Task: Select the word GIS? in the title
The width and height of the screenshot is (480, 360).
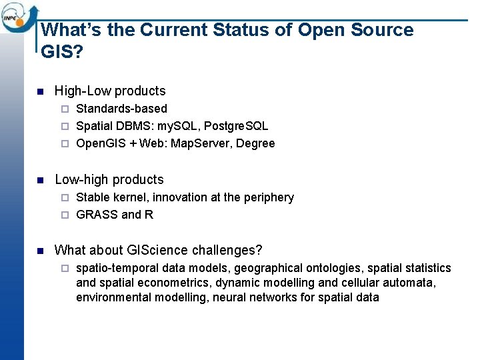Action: click(x=62, y=52)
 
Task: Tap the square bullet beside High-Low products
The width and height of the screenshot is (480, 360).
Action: click(x=40, y=91)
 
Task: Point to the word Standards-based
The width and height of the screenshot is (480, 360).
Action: click(x=121, y=109)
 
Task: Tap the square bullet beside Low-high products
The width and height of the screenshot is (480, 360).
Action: click(x=40, y=180)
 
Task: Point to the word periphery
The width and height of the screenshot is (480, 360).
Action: click(x=269, y=197)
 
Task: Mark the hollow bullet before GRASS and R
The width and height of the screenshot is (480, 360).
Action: click(x=65, y=215)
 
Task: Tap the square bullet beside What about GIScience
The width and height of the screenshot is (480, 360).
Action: click(x=40, y=251)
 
